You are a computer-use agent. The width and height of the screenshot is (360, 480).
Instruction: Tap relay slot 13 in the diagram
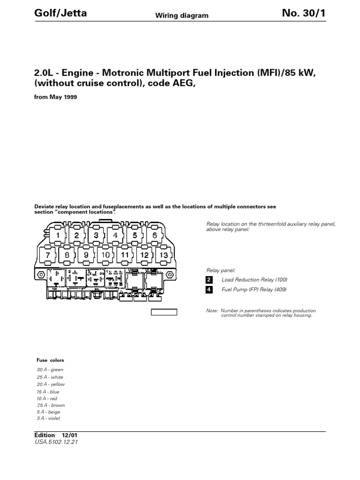click(x=164, y=255)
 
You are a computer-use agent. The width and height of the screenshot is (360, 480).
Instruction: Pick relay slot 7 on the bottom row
click(x=47, y=255)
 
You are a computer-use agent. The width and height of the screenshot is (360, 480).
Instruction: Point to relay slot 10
click(x=105, y=255)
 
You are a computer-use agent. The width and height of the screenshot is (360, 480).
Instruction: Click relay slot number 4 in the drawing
click(x=115, y=235)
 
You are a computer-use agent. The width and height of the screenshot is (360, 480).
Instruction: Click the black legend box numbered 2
click(x=210, y=280)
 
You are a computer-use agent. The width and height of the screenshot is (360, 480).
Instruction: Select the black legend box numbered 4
click(x=210, y=290)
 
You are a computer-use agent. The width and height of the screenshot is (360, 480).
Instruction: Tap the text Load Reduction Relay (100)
click(x=255, y=280)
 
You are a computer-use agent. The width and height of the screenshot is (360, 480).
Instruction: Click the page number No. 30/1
click(x=303, y=14)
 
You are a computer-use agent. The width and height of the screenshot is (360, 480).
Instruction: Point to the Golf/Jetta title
click(x=60, y=14)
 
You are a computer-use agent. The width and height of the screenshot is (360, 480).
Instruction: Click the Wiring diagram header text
click(x=182, y=16)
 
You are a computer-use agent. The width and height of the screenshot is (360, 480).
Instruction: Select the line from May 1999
click(x=56, y=97)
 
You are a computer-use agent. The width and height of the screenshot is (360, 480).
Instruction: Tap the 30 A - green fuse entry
click(x=50, y=370)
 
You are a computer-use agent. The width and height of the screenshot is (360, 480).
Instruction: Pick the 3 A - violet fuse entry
click(x=49, y=418)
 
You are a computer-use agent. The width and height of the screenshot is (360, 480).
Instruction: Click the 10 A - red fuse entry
click(x=47, y=398)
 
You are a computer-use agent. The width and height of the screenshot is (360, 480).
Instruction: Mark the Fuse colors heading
click(x=51, y=360)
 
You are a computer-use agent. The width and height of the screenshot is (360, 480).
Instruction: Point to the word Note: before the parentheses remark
click(x=212, y=311)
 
